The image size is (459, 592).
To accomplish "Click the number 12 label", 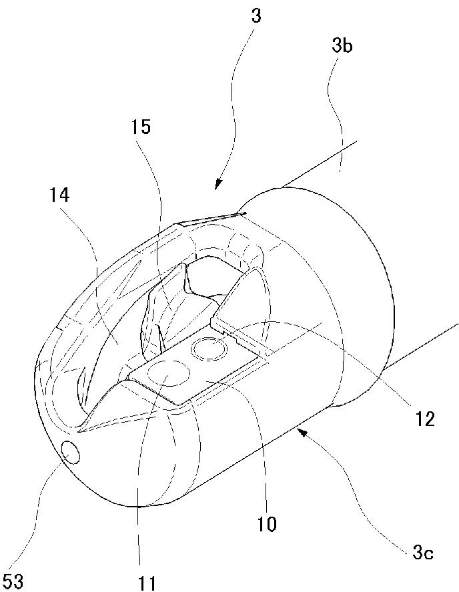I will click(425, 419).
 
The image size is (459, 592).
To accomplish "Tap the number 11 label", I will click(147, 583).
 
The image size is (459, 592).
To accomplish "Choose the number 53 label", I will click(13, 581).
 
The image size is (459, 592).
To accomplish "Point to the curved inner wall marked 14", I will click(113, 340).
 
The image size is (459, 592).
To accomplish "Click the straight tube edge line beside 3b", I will click(320, 163).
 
